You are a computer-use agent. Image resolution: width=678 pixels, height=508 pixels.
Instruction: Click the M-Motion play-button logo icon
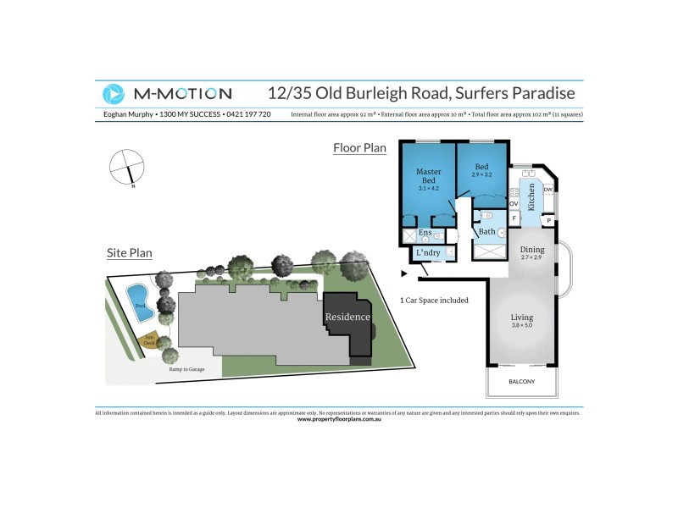(x=113, y=93)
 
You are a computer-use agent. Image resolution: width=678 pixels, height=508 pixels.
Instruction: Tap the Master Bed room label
(x=429, y=176)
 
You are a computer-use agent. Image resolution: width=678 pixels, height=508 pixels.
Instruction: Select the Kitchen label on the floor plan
(x=531, y=196)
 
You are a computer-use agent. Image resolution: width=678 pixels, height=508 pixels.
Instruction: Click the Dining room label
(x=532, y=250)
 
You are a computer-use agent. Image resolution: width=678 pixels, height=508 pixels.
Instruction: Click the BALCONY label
(x=521, y=382)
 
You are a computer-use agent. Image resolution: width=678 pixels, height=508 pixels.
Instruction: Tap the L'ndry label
(x=426, y=252)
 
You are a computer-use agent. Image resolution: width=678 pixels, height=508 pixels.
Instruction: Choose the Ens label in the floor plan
(x=425, y=232)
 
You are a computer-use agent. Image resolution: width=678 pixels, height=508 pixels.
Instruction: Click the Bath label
(x=486, y=231)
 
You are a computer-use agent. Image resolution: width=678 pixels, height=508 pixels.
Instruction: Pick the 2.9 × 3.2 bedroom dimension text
(x=481, y=174)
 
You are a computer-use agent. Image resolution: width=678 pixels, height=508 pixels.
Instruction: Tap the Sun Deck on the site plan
(x=149, y=342)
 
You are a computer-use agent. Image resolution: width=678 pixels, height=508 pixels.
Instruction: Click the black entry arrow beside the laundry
(x=404, y=273)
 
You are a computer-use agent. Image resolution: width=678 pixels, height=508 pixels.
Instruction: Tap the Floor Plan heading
(x=359, y=148)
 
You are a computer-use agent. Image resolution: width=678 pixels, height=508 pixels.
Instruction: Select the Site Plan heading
(x=130, y=252)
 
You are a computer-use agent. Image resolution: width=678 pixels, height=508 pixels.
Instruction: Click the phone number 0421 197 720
(x=247, y=114)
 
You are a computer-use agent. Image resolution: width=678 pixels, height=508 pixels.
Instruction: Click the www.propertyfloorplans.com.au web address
(x=339, y=419)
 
